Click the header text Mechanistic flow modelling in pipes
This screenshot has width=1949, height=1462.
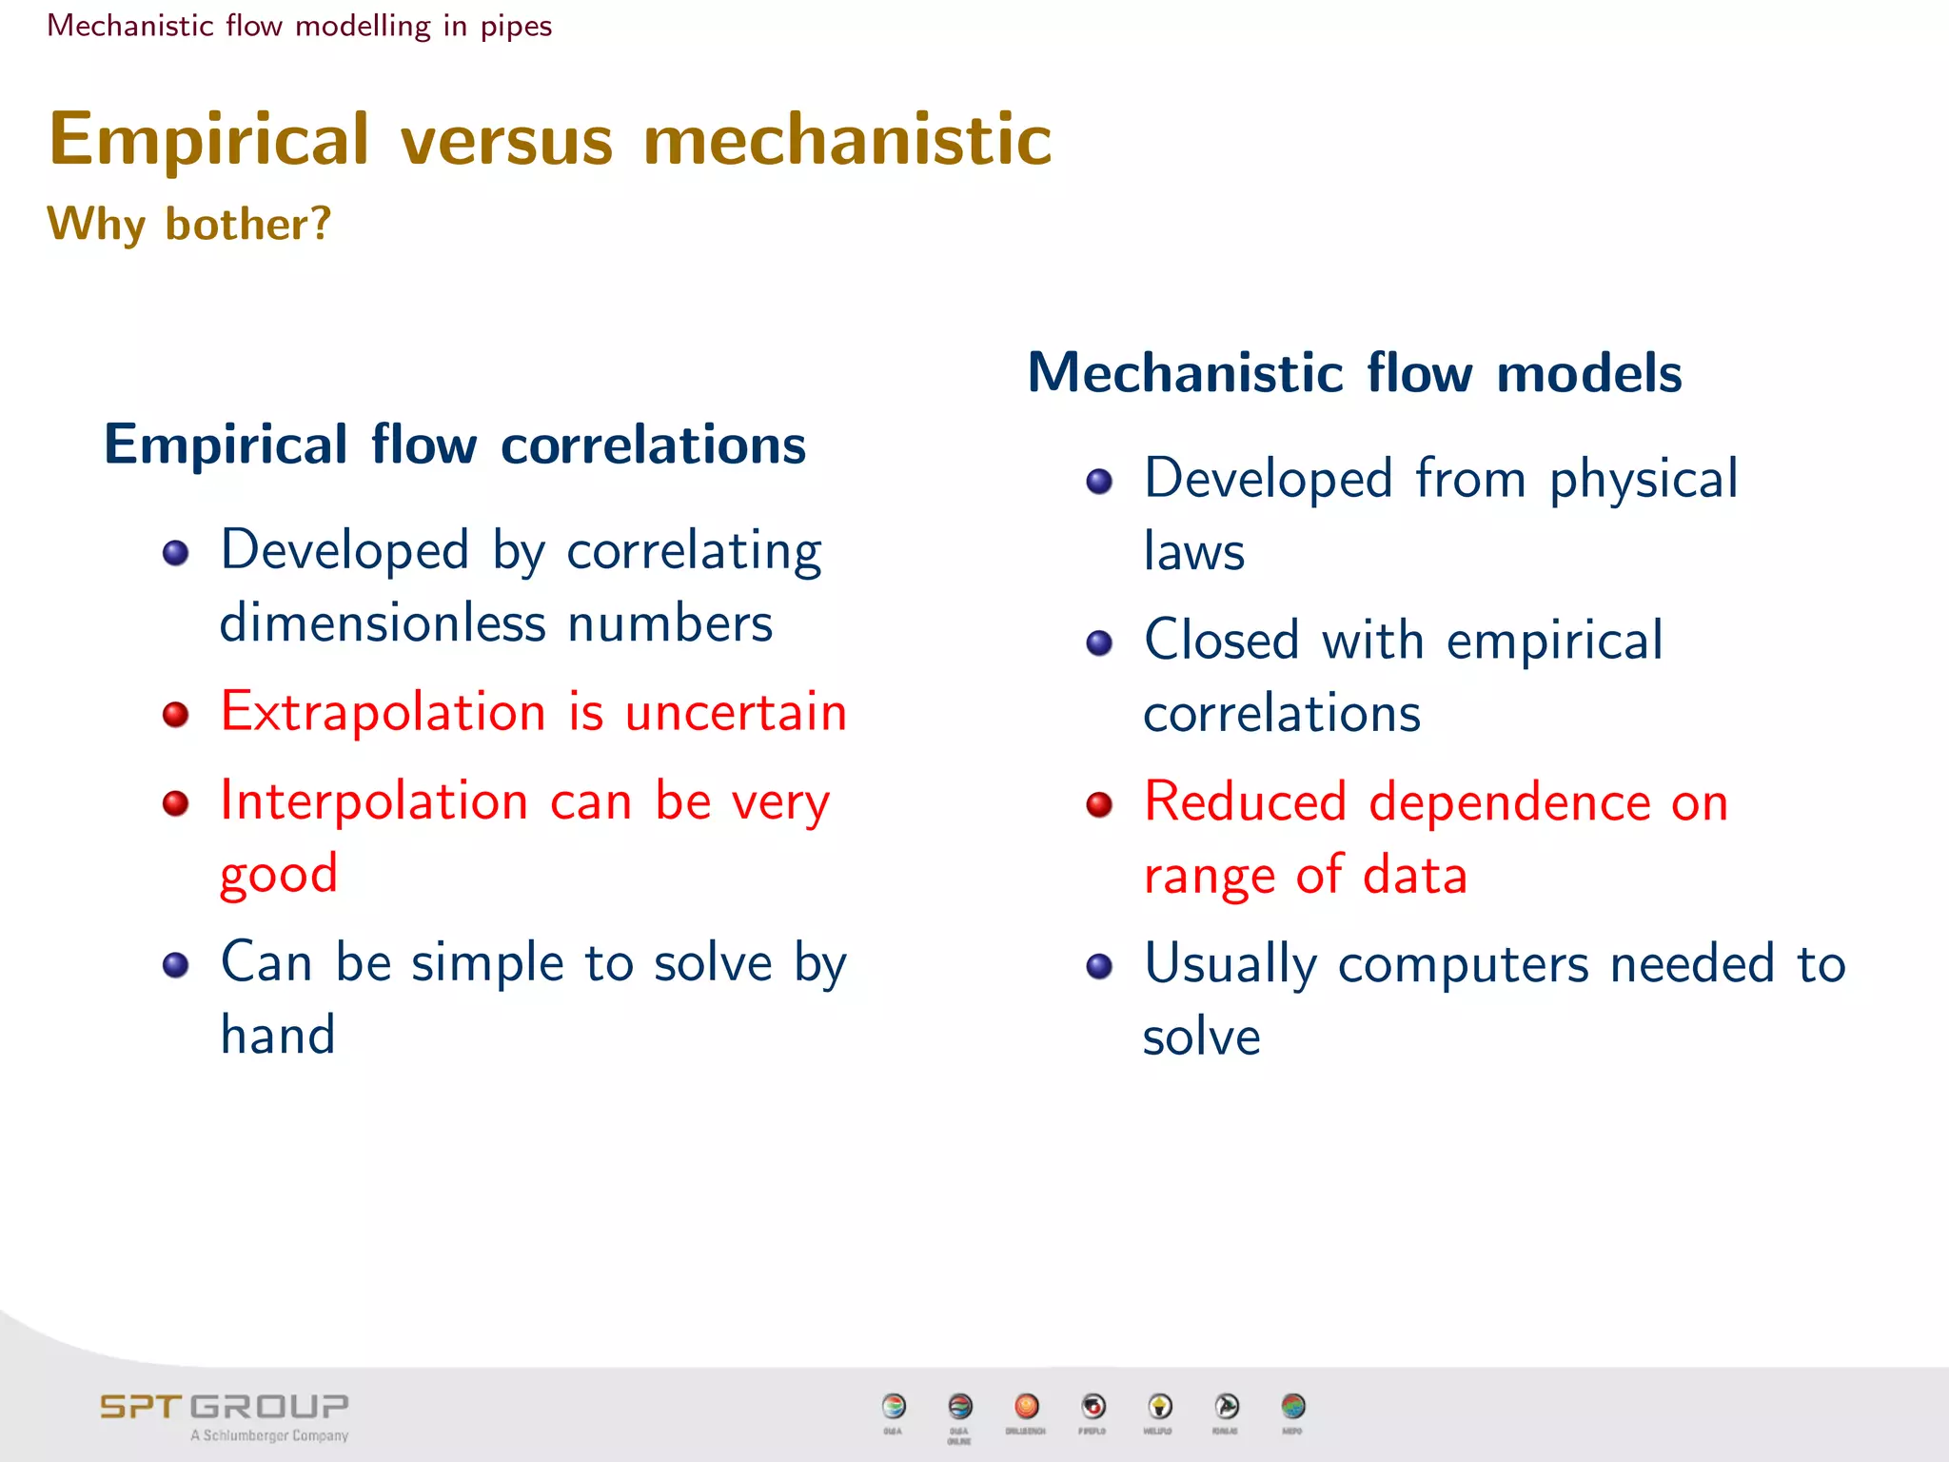coord(299,26)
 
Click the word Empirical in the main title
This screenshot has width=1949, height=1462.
coord(208,140)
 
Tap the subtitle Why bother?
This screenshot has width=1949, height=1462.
coord(189,225)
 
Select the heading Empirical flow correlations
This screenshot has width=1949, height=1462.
coord(455,445)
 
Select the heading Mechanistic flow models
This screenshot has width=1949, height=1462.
coord(1354,372)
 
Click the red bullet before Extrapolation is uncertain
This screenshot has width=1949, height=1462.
coord(176,714)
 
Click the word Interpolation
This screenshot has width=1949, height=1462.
coord(373,800)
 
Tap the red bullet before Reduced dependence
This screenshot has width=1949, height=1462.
coord(1099,804)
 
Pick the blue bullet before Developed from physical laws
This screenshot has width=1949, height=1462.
coord(1099,481)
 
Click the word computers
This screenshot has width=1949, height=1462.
coord(1463,965)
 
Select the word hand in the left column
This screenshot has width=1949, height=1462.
coord(278,1035)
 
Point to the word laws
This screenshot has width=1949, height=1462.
coord(1193,552)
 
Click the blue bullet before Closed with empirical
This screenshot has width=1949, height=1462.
coord(1099,643)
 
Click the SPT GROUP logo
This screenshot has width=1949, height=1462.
coord(225,1406)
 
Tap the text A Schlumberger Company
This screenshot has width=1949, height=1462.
coord(269,1435)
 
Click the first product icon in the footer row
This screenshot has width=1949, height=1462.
coord(894,1406)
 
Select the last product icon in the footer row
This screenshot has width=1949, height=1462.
coord(1292,1406)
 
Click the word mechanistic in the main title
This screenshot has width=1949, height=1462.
coord(847,140)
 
